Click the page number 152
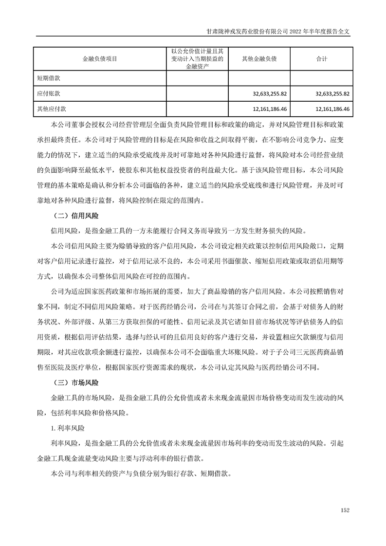[345, 510]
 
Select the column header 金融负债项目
[100, 59]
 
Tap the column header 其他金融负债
[259, 59]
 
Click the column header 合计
[321, 59]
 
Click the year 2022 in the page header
[296, 30]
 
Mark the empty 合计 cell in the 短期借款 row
[321, 77]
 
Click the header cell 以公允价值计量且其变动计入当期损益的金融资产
[197, 59]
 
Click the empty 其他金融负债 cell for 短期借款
[259, 77]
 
